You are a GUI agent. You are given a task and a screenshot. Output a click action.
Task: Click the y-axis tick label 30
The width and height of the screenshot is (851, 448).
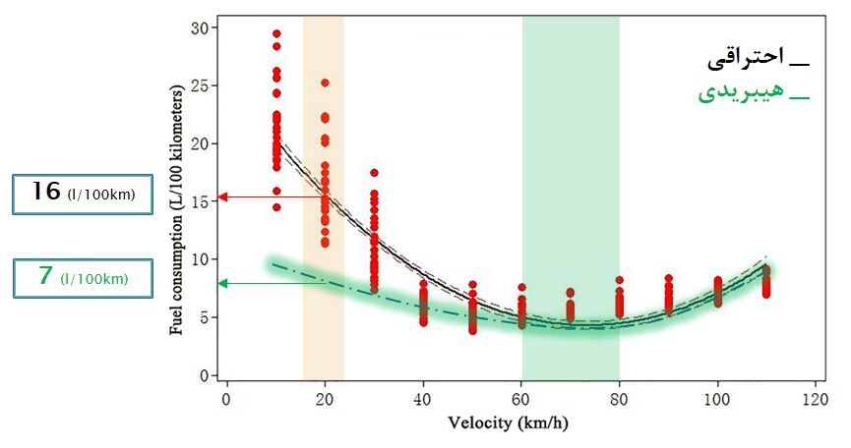coord(200,28)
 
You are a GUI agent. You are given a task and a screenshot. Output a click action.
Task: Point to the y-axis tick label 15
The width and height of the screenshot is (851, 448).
coord(200,201)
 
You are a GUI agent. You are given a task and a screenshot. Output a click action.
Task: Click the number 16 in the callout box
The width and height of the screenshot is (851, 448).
coord(45,192)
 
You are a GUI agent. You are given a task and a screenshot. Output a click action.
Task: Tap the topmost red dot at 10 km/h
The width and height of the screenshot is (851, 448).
coord(276,34)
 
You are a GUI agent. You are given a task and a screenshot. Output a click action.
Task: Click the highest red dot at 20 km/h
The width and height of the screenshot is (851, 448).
coord(325,84)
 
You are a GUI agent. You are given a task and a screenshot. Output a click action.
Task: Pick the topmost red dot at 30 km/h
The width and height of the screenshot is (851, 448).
coord(374,173)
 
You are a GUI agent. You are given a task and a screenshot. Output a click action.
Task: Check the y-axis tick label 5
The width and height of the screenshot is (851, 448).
coord(204,317)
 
